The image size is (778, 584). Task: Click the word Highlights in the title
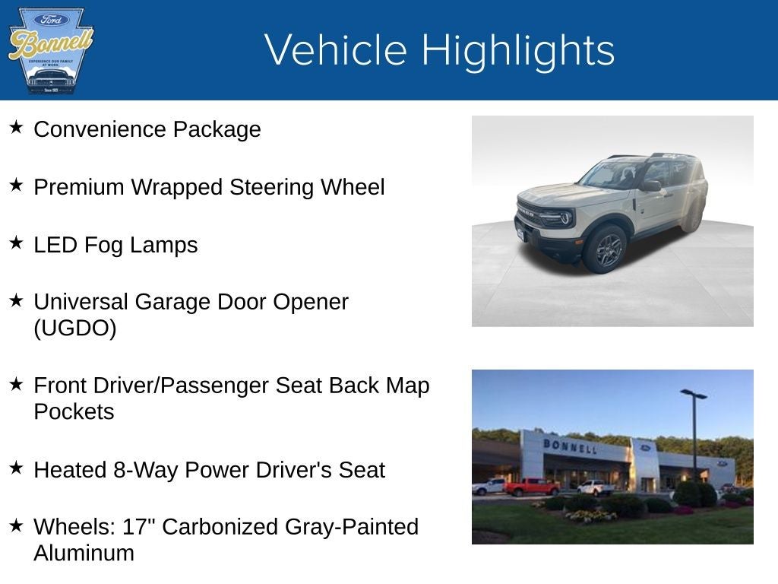(x=517, y=50)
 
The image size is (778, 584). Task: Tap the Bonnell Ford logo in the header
(x=51, y=51)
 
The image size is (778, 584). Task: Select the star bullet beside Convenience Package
(x=16, y=127)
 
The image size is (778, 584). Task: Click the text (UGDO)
(x=74, y=328)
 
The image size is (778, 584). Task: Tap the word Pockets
(x=73, y=411)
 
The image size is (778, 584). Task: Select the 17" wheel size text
(x=176, y=527)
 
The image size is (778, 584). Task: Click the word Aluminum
(x=84, y=553)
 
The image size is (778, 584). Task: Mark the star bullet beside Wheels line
(x=16, y=525)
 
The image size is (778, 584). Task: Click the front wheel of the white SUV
(x=606, y=249)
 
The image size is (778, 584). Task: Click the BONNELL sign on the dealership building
(x=570, y=446)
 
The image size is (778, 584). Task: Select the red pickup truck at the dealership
(x=531, y=487)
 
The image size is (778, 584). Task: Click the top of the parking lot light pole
(x=693, y=394)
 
